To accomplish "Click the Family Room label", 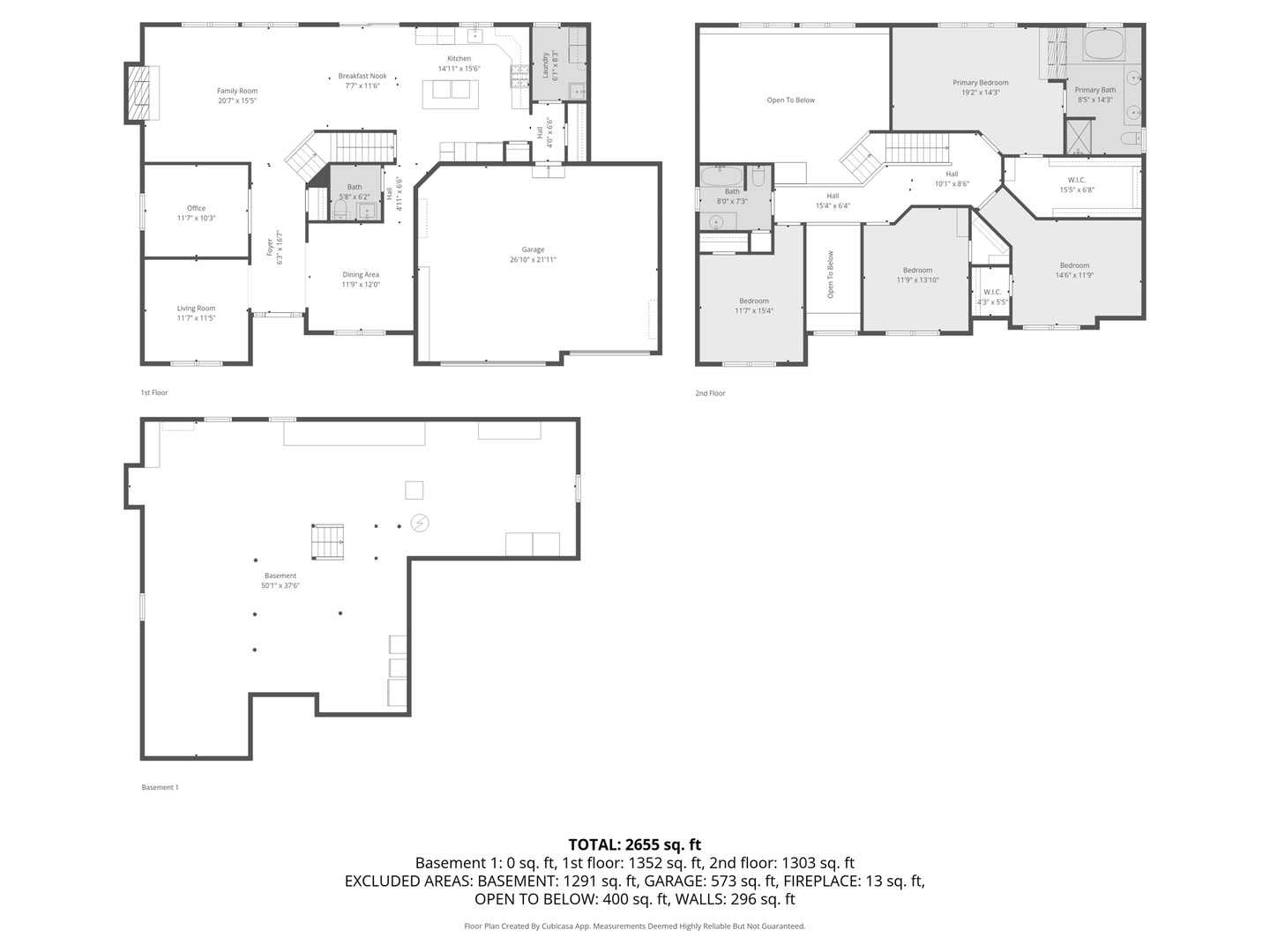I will coord(237,91).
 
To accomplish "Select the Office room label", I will coord(196,209).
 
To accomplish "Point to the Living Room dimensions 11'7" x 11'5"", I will coord(196,318).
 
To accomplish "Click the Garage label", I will coord(533,249).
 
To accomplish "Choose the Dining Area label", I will coord(361,275).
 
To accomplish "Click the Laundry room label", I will coord(545,65).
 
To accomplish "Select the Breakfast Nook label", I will coord(362,77).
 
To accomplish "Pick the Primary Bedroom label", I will coord(980,83).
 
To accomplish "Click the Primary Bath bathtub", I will coord(1102,46).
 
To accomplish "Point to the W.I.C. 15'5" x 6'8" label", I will coord(1076,180).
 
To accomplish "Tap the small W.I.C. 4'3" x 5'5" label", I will coord(991,293).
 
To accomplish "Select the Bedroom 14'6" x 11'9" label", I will coord(1074,265).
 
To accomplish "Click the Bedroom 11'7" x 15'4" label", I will coord(754,301).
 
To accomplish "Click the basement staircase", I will coord(327,541).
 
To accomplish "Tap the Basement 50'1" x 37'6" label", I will coord(280,576).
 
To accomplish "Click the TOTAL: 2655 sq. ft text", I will coord(635,844).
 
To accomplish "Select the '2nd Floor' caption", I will coord(710,393).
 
